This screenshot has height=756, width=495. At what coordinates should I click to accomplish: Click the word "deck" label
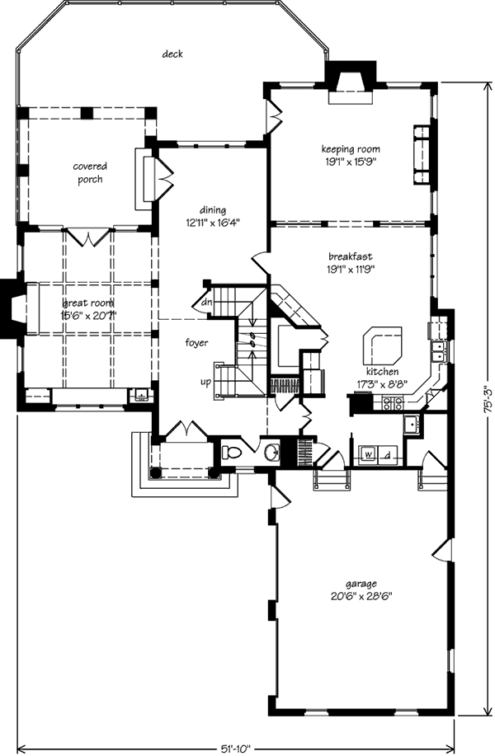point(172,54)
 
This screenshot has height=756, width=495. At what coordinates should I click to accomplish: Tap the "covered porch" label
point(90,172)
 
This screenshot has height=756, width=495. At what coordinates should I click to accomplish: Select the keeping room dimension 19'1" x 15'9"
point(351,162)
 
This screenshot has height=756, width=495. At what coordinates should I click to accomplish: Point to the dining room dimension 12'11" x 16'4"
point(213,223)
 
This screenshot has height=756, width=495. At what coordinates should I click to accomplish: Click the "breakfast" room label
point(351,256)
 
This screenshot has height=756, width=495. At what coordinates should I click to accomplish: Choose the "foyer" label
point(197,343)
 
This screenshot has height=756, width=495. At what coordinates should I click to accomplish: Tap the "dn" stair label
point(206,303)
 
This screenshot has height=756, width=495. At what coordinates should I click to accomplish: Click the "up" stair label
point(206,383)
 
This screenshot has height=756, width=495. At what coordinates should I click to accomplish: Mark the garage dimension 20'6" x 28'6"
point(361,595)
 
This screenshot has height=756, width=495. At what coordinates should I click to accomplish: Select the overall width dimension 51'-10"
point(237,749)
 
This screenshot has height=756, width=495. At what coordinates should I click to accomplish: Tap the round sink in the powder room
point(272,453)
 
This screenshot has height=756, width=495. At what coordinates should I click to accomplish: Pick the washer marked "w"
point(368,454)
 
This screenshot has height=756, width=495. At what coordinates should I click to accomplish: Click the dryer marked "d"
point(388,454)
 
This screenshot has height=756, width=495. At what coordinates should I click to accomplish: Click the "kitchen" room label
point(382,372)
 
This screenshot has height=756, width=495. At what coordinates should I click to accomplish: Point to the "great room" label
point(89,303)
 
